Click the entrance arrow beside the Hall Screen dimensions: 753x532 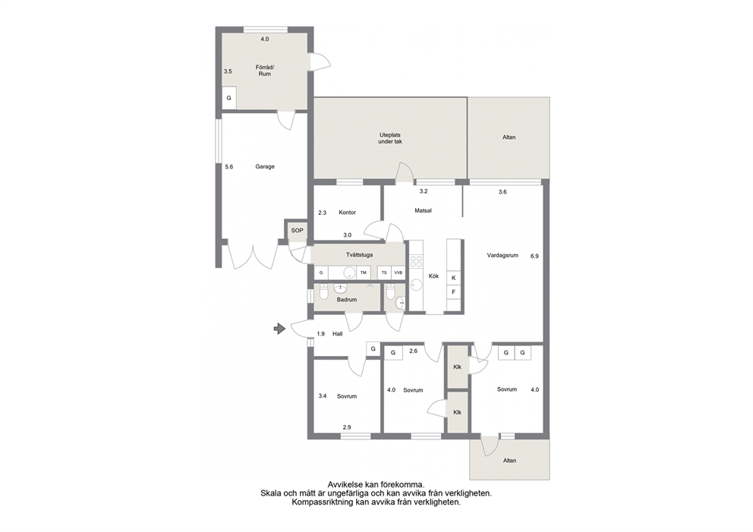click(x=279, y=329)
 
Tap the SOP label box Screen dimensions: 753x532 click(x=298, y=231)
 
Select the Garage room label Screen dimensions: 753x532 click(x=265, y=167)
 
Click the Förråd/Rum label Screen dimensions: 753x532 click(x=265, y=71)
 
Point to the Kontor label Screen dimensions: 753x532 click(x=347, y=212)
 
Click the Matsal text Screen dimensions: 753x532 click(x=423, y=210)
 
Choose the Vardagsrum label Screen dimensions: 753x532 click(x=503, y=256)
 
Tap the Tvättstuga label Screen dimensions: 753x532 click(x=359, y=255)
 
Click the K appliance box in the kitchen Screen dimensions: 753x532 click(x=454, y=278)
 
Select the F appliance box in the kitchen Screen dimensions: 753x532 click(x=454, y=292)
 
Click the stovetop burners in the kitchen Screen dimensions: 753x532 click(x=416, y=262)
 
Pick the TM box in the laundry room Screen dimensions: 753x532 click(x=364, y=272)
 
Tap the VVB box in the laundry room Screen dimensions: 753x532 click(x=398, y=272)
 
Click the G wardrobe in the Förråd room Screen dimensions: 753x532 click(x=229, y=98)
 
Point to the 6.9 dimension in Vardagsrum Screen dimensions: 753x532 click(x=534, y=257)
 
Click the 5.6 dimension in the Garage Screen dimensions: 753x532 click(x=229, y=167)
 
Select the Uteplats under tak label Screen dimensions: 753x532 click(x=390, y=138)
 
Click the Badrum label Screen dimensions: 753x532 click(x=347, y=300)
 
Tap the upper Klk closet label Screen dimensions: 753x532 click(x=457, y=367)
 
